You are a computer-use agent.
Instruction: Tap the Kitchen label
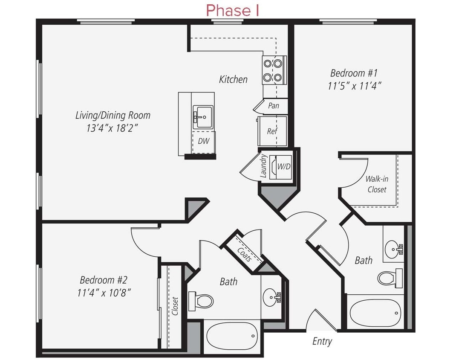tap(233, 79)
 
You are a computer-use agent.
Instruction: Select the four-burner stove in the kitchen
tap(273, 70)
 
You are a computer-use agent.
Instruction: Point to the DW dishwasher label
tap(204, 141)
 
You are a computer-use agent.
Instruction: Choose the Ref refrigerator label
tap(272, 131)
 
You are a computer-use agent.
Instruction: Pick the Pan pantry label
tap(273, 105)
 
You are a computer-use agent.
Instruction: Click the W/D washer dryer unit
tap(283, 167)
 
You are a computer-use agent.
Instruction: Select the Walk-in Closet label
tap(377, 184)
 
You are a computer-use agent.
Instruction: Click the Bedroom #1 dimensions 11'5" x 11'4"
tap(354, 85)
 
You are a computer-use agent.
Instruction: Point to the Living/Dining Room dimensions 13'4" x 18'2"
tap(113, 127)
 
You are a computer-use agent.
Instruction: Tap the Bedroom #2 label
tap(104, 280)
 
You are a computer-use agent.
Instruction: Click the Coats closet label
tap(244, 255)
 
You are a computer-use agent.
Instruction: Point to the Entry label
tap(322, 341)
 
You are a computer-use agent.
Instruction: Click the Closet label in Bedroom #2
tap(175, 306)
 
